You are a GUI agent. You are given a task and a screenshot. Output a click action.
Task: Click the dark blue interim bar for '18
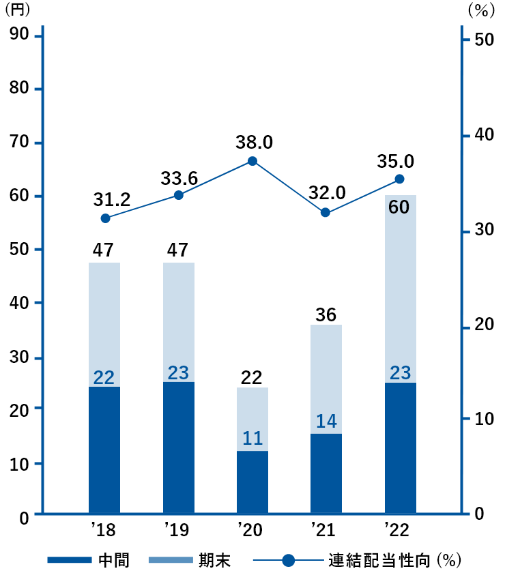104,450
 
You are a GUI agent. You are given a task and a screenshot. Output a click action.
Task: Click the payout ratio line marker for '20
252,161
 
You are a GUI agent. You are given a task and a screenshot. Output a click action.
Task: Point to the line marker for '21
326,212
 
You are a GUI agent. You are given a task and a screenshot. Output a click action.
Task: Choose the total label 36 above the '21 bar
327,315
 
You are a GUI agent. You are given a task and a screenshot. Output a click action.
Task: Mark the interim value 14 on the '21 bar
326,422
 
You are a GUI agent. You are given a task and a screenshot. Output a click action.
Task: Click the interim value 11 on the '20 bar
252,438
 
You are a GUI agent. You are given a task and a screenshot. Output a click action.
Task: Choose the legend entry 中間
113,561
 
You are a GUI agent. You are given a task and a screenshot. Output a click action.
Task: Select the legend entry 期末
215,561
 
